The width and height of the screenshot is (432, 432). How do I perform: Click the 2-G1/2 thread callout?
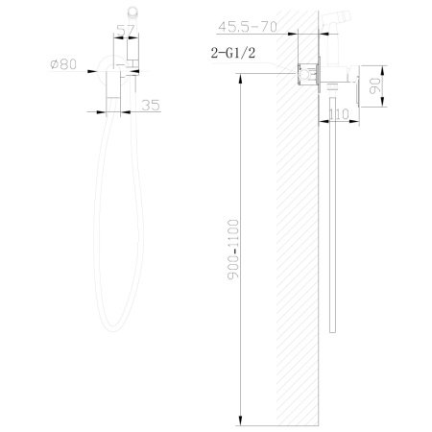pos(236,56)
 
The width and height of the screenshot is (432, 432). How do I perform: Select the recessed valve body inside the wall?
pos(311,72)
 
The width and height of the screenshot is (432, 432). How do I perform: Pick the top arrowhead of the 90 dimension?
pos(376,67)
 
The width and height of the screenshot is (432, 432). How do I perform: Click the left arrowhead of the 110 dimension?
pos(322,122)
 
